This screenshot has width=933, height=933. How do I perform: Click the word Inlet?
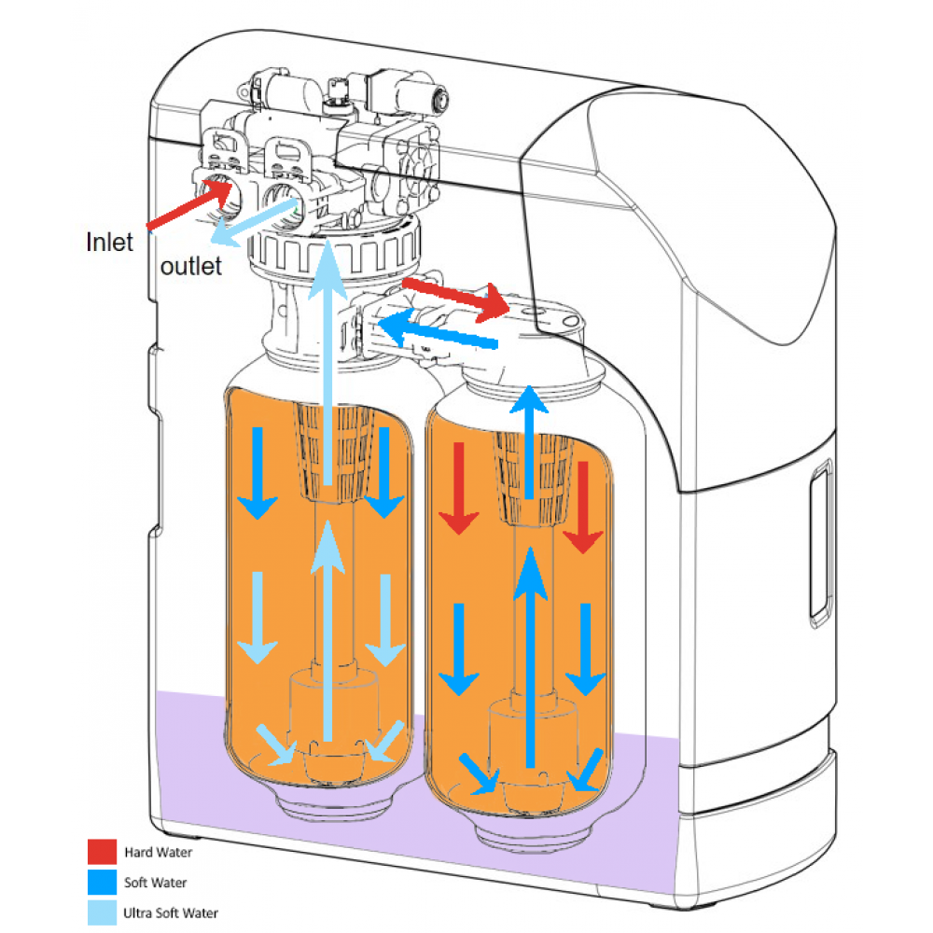tap(109, 243)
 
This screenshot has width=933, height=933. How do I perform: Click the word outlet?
tap(191, 267)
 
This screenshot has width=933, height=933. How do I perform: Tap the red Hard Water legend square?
tap(102, 851)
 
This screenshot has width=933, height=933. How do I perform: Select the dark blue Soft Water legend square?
tap(102, 882)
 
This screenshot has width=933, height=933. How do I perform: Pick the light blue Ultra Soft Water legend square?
tap(102, 912)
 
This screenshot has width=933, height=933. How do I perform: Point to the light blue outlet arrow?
tap(252, 213)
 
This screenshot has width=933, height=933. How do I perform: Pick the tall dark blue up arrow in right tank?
tap(531, 653)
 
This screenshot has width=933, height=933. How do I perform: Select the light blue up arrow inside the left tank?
tap(326, 634)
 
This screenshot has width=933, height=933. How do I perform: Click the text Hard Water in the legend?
tap(160, 851)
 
